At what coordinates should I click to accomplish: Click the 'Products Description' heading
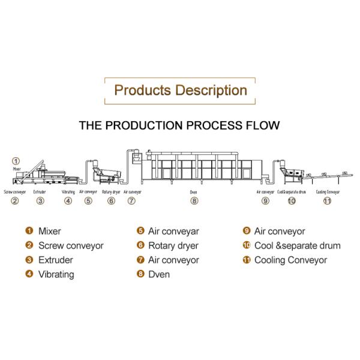pyautogui.click(x=180, y=91)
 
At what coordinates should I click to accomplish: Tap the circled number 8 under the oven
pyautogui.click(x=194, y=201)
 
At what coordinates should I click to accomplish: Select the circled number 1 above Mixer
pyautogui.click(x=16, y=161)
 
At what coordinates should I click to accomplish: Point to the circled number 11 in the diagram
pyautogui.click(x=327, y=201)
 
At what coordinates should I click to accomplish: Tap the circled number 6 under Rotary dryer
pyautogui.click(x=111, y=201)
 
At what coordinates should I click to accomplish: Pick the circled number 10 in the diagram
pyautogui.click(x=292, y=201)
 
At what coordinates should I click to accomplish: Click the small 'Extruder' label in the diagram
pyautogui.click(x=40, y=192)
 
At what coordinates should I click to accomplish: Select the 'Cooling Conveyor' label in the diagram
pyautogui.click(x=328, y=192)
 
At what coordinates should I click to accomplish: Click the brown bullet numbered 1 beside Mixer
pyautogui.click(x=29, y=230)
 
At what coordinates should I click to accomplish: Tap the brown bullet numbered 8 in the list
pyautogui.click(x=140, y=274)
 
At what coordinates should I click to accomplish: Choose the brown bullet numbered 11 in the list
pyautogui.click(x=247, y=260)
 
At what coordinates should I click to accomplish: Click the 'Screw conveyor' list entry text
pyautogui.click(x=71, y=245)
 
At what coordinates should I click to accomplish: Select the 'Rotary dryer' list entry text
pyautogui.click(x=176, y=245)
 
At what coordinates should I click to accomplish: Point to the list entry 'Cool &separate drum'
pyautogui.click(x=297, y=245)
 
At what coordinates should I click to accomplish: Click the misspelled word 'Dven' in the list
pyautogui.click(x=159, y=274)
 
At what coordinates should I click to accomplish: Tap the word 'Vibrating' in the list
pyautogui.click(x=56, y=274)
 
